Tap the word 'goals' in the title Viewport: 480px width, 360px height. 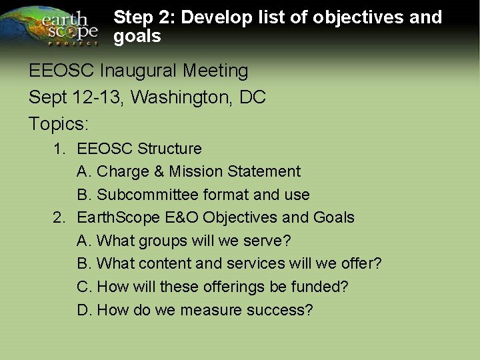137,37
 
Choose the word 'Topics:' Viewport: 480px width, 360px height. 59,124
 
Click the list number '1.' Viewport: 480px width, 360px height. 60,149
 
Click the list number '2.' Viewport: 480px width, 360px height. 60,218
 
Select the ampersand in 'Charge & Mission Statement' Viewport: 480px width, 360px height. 159,172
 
